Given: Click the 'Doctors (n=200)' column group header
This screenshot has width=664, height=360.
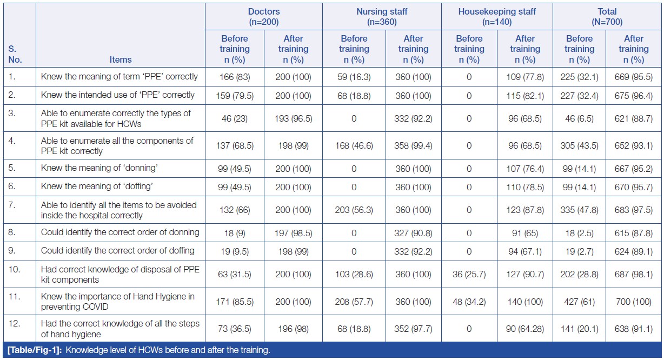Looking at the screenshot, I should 263,17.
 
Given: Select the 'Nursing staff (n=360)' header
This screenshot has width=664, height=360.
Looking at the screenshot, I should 382,17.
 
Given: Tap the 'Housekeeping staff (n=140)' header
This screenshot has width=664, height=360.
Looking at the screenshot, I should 497,17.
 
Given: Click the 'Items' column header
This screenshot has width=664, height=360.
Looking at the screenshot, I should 120,59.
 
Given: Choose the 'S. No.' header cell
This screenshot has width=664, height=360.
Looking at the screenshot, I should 16,54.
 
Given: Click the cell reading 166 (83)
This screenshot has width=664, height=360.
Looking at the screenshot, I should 234,77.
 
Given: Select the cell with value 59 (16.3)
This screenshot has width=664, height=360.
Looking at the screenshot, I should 354,77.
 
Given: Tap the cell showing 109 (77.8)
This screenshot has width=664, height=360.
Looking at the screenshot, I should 524,77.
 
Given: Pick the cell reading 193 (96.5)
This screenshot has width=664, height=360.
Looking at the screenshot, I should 293,118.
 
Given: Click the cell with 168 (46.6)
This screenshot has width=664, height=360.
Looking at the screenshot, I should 354,146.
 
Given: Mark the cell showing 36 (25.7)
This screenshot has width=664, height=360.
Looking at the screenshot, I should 469,275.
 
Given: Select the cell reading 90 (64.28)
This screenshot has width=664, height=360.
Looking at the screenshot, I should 524,329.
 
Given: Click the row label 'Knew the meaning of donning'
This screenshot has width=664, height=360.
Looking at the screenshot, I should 99,168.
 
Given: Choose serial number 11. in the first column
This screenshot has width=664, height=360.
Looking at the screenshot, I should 15,296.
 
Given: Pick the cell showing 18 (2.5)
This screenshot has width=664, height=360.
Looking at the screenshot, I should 579,232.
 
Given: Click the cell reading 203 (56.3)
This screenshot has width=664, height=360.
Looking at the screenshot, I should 354,210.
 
